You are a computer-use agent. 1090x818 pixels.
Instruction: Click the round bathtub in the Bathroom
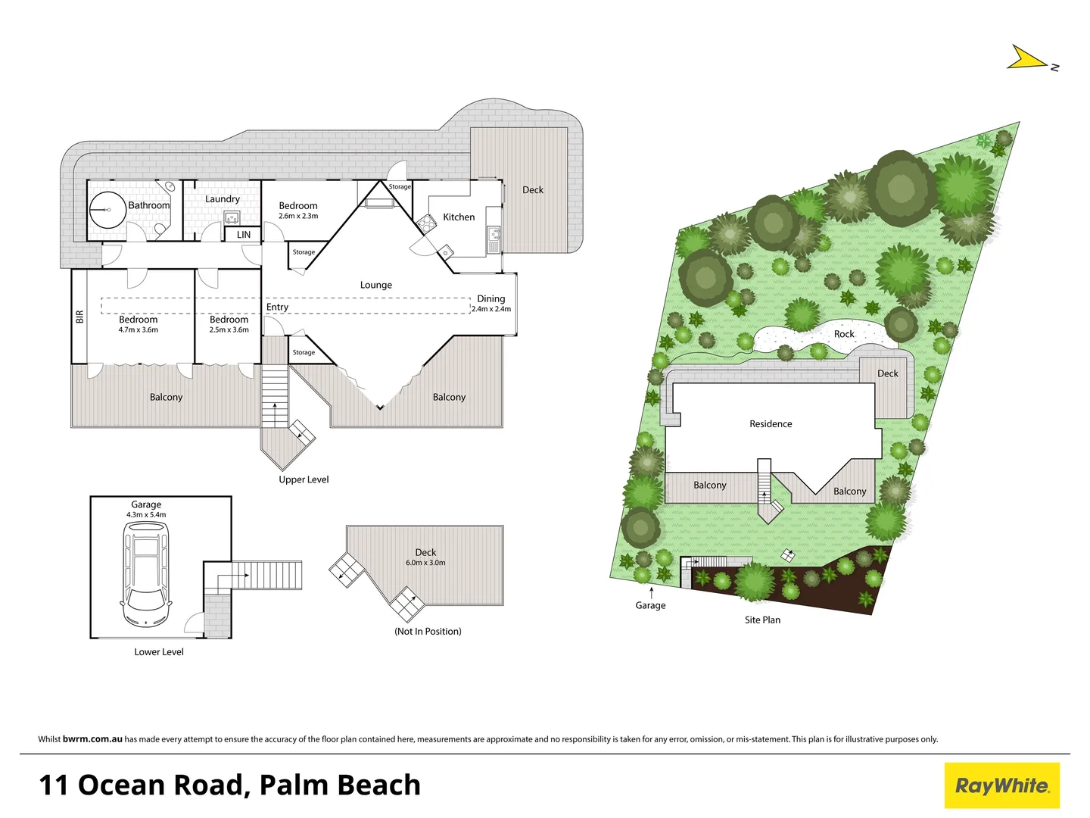[107, 209]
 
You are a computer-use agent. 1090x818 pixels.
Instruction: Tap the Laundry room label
[223, 199]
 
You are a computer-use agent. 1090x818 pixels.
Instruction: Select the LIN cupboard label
[244, 235]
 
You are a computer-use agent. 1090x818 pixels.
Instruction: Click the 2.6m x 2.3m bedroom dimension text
[298, 217]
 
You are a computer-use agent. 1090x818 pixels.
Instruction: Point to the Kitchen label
[459, 217]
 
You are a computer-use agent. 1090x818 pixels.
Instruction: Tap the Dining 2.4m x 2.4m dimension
[491, 309]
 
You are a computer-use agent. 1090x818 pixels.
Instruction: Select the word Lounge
[376, 286]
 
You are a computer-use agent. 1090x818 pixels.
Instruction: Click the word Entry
[277, 308]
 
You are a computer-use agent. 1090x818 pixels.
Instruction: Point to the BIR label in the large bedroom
[79, 317]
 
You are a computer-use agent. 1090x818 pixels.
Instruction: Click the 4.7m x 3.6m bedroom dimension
[139, 330]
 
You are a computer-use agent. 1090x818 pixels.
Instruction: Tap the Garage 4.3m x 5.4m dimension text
[146, 515]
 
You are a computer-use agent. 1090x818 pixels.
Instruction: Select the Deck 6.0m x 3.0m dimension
[425, 563]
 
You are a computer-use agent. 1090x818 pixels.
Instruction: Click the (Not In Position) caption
[428, 632]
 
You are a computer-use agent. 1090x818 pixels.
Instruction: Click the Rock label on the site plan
[844, 334]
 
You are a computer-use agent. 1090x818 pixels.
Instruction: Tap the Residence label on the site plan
[771, 424]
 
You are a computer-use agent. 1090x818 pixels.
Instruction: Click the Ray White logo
[1001, 785]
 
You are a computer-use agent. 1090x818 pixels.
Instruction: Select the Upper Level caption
[304, 479]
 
